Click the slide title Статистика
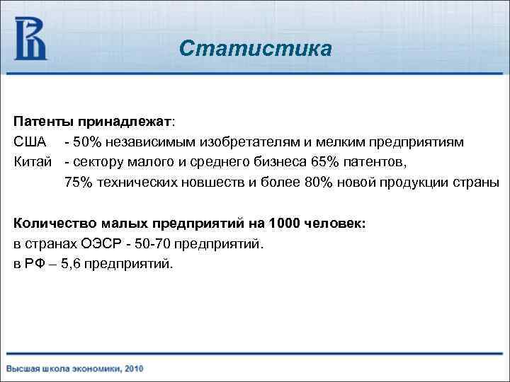[254, 49]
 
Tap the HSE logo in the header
[31, 38]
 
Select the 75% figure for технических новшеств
[78, 182]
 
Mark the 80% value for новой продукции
[318, 182]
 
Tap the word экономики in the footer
[94, 369]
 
